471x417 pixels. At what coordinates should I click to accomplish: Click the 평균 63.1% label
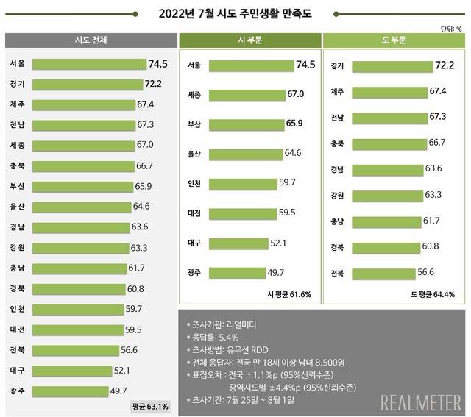click(150, 405)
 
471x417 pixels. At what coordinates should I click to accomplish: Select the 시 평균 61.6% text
click(289, 294)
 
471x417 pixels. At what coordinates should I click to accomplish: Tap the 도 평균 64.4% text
click(433, 294)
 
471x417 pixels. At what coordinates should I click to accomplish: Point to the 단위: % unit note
click(450, 29)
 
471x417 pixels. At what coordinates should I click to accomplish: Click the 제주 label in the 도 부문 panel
click(339, 92)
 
